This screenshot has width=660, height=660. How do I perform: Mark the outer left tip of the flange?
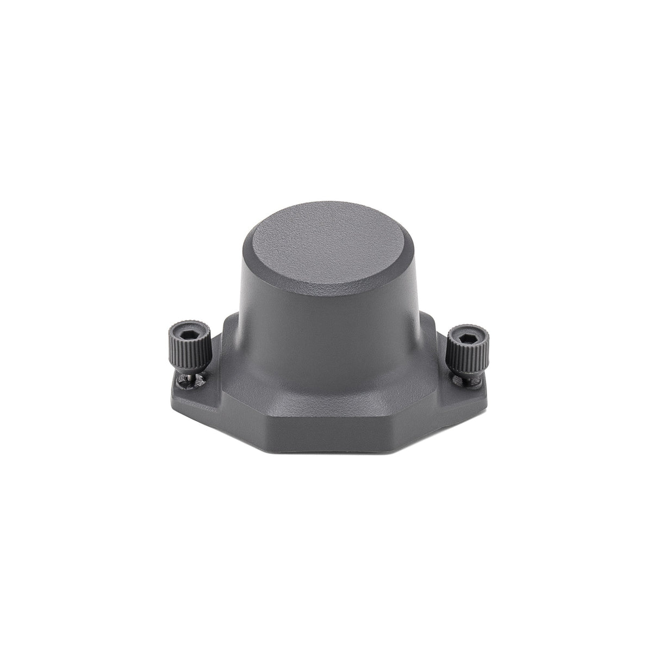175,383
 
